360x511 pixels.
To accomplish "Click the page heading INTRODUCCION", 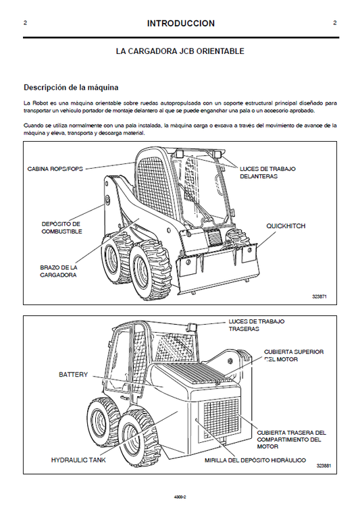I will click(x=180, y=24).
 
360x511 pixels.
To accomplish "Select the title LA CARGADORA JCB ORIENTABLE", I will click(x=180, y=51).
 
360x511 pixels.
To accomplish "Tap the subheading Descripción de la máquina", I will click(x=72, y=87).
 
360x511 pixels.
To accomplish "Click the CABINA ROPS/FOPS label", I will click(x=55, y=168).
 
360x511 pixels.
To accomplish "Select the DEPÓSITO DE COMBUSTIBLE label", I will click(x=62, y=227).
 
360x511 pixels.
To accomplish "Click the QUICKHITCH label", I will click(x=286, y=226).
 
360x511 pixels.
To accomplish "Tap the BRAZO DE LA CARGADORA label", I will click(x=59, y=271).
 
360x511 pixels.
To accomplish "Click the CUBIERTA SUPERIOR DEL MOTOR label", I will click(x=293, y=356).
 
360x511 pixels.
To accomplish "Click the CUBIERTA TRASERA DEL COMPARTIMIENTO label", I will click(x=292, y=439).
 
